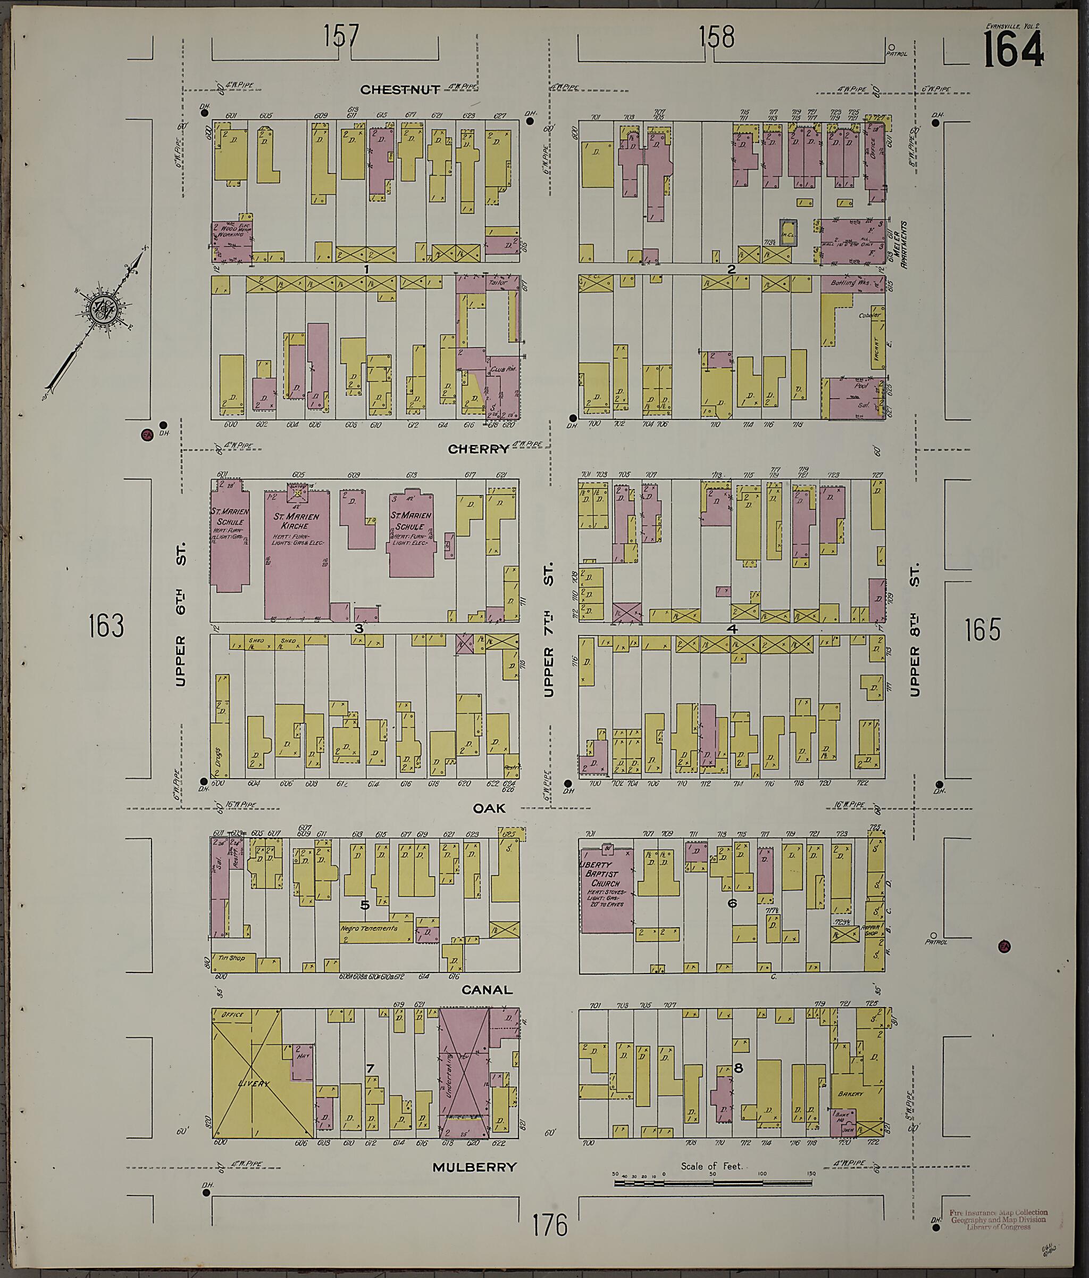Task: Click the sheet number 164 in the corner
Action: tap(1013, 50)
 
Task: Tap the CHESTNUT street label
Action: tap(400, 90)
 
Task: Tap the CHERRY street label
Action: tap(478, 449)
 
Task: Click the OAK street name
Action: tap(489, 808)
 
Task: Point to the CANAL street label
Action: tap(487, 990)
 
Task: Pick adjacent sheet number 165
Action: tap(982, 630)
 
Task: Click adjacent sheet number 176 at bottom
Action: tap(550, 1226)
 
